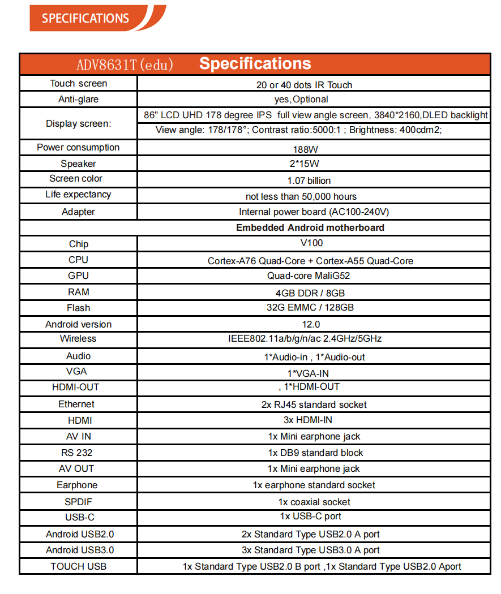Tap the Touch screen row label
[79, 84]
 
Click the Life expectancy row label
[78, 195]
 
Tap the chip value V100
[311, 243]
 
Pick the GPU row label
[78, 276]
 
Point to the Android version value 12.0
[311, 324]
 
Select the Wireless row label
[78, 339]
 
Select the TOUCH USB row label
[78, 566]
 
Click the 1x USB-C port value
[310, 516]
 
